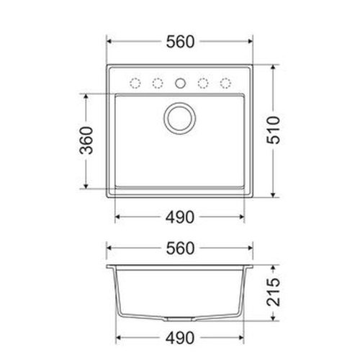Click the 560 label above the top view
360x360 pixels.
click(x=180, y=42)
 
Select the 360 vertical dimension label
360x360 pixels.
click(x=86, y=140)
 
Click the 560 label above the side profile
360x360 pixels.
click(x=180, y=248)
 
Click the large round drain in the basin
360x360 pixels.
click(x=180, y=119)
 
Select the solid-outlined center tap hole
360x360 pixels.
click(x=180, y=81)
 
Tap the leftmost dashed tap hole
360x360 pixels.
click(x=134, y=81)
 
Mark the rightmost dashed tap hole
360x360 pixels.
click(x=225, y=81)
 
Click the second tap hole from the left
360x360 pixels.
click(x=157, y=81)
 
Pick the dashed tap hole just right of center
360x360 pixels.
click(x=203, y=81)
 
